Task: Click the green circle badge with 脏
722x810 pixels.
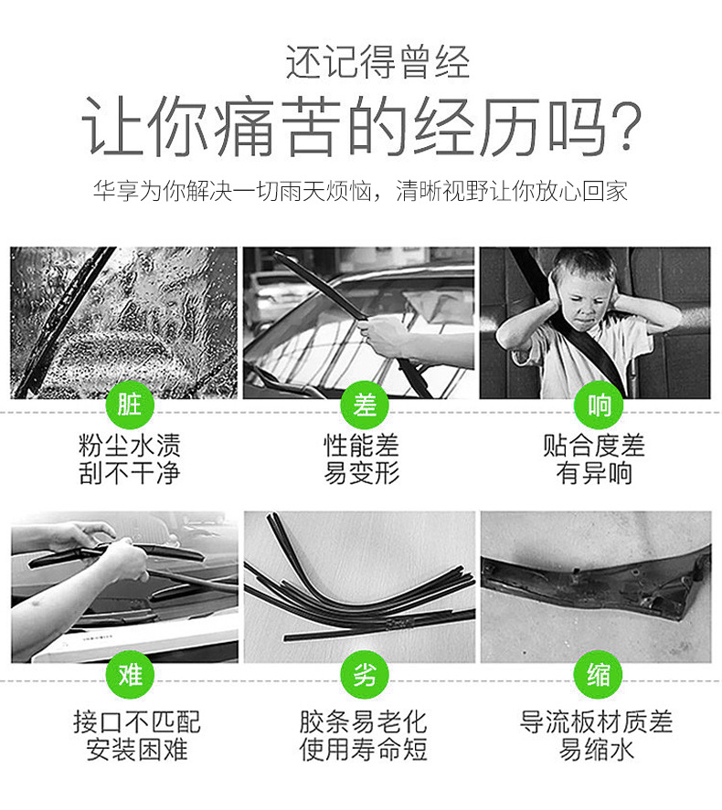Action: pos(130,405)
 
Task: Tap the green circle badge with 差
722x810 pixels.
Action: pos(365,405)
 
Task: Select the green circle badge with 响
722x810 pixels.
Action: pos(599,405)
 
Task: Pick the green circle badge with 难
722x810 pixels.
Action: pos(130,674)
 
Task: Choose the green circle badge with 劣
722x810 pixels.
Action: pos(365,674)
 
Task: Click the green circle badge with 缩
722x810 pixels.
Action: pos(599,674)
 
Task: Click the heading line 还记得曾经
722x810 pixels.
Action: pos(377,62)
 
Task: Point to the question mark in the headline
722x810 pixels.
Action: pos(624,127)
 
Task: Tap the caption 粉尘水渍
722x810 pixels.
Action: pos(129,446)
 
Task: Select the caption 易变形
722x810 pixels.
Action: pos(362,473)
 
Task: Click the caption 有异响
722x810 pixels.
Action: pos(594,473)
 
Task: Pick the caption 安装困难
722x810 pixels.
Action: pos(137,750)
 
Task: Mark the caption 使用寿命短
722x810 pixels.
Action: pos(364,750)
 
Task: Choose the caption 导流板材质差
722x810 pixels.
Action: pos(596,721)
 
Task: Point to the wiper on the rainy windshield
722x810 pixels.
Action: pos(62,321)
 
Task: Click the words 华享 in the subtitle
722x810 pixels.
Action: pos(116,191)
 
